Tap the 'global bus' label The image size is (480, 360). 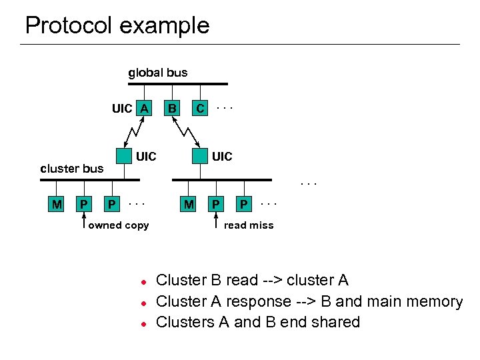click(157, 73)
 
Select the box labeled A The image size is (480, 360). click(144, 108)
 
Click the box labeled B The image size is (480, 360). click(172, 108)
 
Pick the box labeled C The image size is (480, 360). click(199, 108)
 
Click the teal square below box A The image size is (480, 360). click(123, 156)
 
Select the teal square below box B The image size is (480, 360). click(199, 156)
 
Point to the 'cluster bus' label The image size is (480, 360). click(72, 169)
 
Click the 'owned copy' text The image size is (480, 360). click(119, 225)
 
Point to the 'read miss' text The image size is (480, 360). click(249, 225)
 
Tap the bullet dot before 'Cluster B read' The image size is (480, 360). click(142, 281)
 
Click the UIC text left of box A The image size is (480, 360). click(122, 109)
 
